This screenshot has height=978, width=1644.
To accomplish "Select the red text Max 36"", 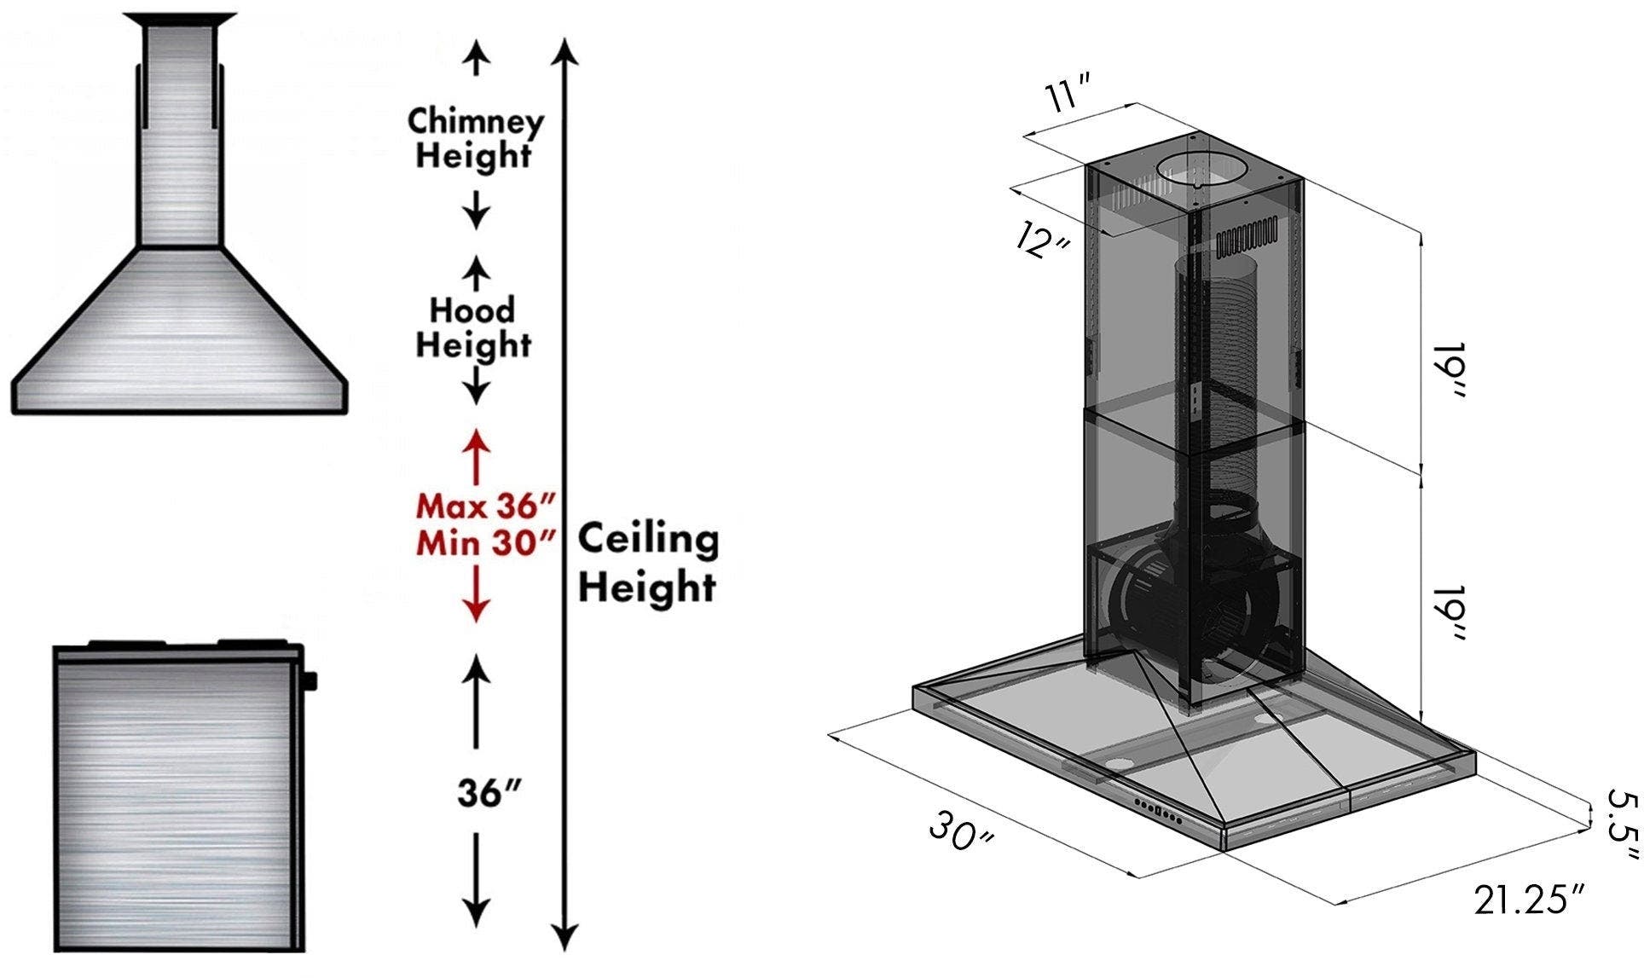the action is coord(485,506).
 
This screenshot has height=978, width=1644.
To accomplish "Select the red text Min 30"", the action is coord(485,543).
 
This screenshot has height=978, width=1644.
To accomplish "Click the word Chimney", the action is coord(475,122).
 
